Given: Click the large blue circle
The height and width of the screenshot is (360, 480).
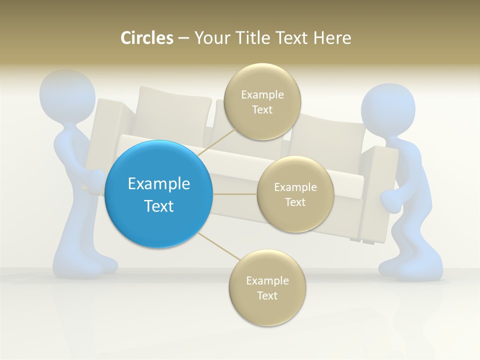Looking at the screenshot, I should pos(159,194).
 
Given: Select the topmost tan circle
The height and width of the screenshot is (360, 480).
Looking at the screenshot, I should pos(262,101).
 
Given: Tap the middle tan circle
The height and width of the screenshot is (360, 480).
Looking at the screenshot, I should pos(295,194).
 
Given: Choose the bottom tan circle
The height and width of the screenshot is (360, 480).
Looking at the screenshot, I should pos(267,287).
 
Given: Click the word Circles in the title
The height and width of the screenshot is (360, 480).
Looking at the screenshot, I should pos(147,38).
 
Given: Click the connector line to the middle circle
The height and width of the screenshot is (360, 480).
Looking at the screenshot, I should pos(235,194).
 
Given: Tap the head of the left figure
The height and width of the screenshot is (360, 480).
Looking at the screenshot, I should pos(67,95).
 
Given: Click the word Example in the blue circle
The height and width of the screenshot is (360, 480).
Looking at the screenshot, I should pos(159,183).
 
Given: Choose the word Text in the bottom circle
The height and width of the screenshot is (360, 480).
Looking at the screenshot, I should pos(267,295).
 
